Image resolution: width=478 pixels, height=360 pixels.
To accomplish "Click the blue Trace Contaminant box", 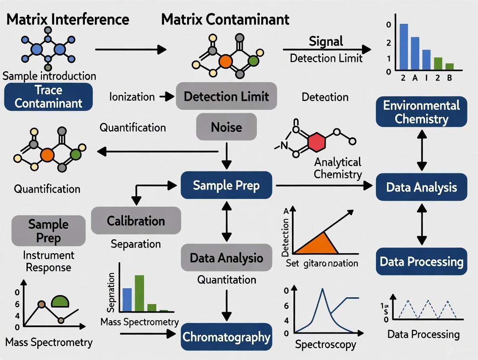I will tap(48, 97).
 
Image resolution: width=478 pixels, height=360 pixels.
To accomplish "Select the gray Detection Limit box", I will tap(226, 96).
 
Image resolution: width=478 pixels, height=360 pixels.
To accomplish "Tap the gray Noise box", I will tap(226, 127).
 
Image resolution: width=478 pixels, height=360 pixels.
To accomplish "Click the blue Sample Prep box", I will tap(226, 186).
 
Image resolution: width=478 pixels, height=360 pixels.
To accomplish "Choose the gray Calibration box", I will tap(136, 221).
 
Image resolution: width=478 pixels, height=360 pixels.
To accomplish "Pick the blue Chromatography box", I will tap(226, 337).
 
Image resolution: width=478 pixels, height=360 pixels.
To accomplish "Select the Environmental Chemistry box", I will tap(421, 112).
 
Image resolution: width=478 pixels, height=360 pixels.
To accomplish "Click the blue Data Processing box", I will tap(421, 262).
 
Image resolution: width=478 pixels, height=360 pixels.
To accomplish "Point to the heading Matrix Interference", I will tap(68, 19).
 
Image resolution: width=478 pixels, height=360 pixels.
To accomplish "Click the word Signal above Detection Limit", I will tap(326, 42).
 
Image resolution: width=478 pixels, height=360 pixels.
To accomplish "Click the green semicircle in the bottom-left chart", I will tap(60, 302).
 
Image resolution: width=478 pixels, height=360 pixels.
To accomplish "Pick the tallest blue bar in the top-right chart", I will tap(404, 47).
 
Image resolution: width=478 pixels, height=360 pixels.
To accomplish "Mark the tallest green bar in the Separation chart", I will tap(139, 293).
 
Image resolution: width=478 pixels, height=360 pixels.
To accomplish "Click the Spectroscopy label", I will tap(326, 345).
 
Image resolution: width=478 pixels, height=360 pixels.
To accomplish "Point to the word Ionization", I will tap(132, 96).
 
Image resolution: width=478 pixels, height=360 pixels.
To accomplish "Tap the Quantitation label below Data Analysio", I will tap(226, 280).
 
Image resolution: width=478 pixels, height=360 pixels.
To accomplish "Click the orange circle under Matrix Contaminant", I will tap(226, 61).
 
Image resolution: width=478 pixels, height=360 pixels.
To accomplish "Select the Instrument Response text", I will tap(48, 261).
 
